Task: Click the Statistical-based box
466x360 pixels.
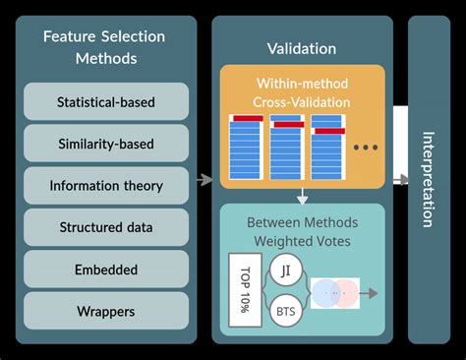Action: tap(106, 101)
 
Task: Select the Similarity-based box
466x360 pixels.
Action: tap(106, 144)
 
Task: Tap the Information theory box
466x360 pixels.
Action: tap(106, 185)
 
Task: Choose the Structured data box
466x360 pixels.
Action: tap(106, 227)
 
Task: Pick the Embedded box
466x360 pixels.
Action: tap(106, 269)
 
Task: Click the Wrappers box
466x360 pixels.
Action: tap(106, 311)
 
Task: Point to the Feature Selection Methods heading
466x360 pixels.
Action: tap(106, 47)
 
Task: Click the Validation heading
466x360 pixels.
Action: tap(302, 48)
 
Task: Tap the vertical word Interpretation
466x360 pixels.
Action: tap(428, 179)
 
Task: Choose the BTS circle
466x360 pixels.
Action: tap(283, 310)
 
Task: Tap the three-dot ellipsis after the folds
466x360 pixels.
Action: tap(365, 149)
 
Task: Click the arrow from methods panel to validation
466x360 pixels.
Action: tap(204, 179)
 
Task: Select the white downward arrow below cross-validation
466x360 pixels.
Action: tap(303, 197)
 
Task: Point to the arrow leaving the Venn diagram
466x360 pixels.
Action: tap(370, 292)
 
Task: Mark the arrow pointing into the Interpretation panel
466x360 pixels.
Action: tap(400, 179)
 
